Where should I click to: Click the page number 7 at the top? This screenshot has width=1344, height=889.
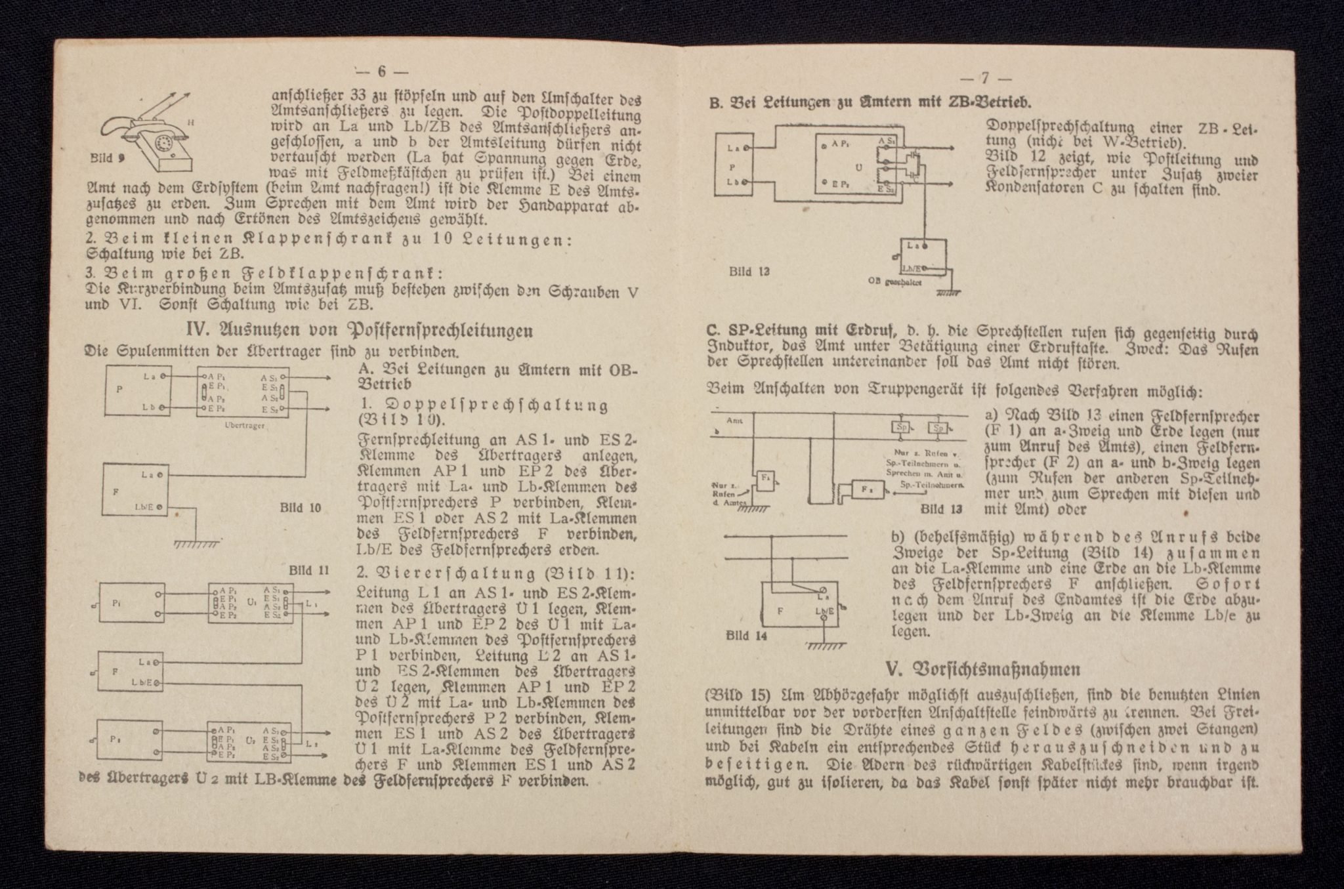[x=984, y=78]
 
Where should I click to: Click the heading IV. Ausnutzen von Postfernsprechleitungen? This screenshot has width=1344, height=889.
[x=360, y=330]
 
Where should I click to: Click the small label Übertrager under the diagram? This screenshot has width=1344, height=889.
[x=243, y=425]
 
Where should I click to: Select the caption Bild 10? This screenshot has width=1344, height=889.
[x=301, y=507]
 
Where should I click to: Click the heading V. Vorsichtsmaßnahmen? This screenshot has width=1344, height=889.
[x=983, y=669]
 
